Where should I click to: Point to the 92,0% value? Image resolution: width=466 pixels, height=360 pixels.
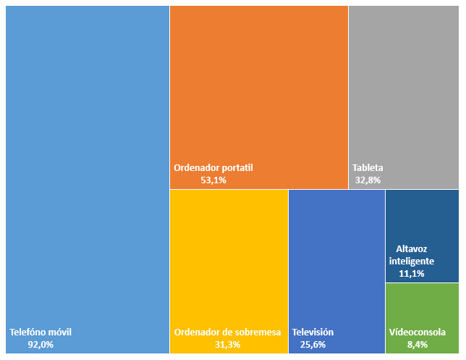click(x=41, y=345)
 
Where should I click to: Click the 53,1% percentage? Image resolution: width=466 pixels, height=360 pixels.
click(x=213, y=180)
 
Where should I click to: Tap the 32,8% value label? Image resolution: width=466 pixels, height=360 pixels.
click(x=368, y=180)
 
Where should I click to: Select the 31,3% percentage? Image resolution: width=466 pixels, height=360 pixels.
click(x=227, y=345)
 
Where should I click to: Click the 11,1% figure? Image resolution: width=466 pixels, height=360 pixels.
click(x=411, y=274)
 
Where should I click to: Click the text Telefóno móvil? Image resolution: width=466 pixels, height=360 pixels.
click(x=41, y=332)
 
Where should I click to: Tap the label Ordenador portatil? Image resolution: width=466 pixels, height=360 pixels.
click(x=213, y=167)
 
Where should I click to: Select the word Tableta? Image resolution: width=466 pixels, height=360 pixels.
click(x=368, y=167)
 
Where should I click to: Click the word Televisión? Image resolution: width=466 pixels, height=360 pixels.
click(x=313, y=332)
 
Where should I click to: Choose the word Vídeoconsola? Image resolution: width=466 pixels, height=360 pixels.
click(x=418, y=332)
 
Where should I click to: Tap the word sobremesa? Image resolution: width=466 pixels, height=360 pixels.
click(x=255, y=332)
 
